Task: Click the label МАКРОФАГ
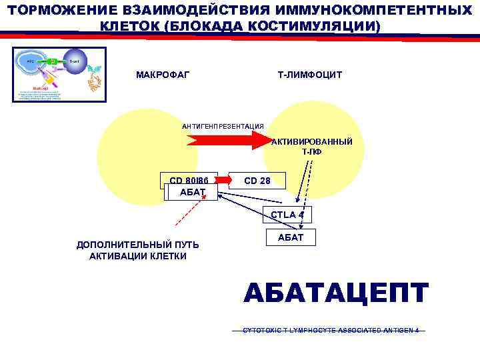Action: [x=162, y=74]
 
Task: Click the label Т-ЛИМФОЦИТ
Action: [x=309, y=74]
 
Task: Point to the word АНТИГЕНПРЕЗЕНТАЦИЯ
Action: [x=223, y=126]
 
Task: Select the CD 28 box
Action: [x=257, y=180]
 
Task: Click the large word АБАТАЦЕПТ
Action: [x=336, y=293]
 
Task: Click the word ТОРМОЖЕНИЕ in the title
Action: [x=53, y=11]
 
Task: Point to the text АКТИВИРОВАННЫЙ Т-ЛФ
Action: [x=312, y=147]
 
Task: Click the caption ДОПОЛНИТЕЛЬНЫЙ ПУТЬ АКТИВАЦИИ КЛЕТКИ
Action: [x=138, y=250]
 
